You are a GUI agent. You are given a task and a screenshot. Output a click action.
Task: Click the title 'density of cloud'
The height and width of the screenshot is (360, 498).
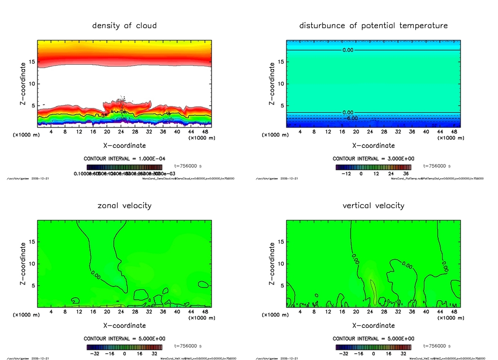pos(124,25)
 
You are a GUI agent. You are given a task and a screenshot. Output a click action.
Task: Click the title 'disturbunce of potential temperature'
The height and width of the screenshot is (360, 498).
pos(373,25)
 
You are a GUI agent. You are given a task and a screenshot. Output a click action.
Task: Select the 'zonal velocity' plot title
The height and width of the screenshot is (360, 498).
pos(124,205)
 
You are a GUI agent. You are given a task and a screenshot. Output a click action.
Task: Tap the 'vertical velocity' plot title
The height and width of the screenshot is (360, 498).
pos(373,205)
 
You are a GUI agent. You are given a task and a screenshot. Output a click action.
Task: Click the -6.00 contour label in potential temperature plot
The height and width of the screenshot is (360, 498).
pos(351,118)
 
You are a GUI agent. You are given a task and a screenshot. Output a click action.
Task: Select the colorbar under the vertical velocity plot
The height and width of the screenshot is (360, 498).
pos(373,347)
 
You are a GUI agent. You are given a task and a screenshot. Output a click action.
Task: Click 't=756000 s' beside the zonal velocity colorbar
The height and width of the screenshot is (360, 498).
pos(188,346)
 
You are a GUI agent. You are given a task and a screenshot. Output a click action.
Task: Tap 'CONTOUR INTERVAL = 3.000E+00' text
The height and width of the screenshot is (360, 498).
pos(373,159)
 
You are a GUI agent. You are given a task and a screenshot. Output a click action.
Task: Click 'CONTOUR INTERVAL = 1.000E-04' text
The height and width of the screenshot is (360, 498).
pos(124,159)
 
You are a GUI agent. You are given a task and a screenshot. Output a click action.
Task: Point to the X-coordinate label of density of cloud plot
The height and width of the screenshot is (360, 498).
pos(124,145)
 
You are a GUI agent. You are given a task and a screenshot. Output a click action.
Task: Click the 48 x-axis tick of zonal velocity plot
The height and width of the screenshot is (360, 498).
pos(206,311)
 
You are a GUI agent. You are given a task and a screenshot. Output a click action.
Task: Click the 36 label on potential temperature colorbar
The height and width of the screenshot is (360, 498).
pos(404,173)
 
